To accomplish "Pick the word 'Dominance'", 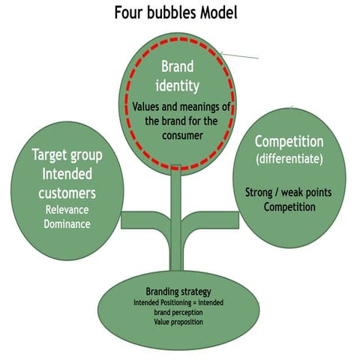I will (68, 223).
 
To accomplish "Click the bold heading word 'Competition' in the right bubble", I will (288, 141).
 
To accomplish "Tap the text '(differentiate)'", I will (288, 158).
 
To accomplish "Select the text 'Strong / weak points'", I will (288, 192).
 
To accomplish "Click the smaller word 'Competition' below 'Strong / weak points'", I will (289, 206).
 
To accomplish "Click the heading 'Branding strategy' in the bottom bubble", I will (180, 292).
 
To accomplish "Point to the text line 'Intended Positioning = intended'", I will (180, 303).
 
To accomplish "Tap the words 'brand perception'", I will (180, 312).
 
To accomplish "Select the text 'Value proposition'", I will (180, 322).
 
